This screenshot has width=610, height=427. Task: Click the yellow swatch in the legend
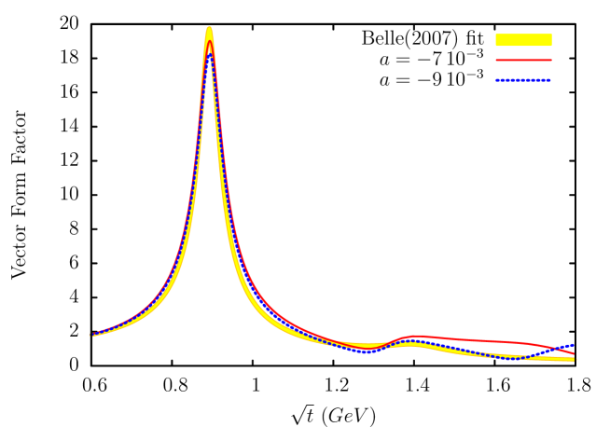click(523, 40)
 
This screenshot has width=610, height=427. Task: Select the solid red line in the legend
click(523, 60)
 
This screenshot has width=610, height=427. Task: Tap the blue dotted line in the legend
click(523, 80)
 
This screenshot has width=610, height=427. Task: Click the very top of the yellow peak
click(209, 28)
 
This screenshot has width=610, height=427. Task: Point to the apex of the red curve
click(210, 41)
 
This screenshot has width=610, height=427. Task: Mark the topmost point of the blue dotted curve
click(210, 53)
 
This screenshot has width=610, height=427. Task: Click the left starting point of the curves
click(90, 334)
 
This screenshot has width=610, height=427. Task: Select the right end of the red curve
click(574, 353)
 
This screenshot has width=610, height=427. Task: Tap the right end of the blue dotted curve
click(574, 344)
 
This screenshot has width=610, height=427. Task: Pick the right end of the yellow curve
click(575, 359)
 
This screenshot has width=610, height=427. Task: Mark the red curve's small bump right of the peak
click(415, 336)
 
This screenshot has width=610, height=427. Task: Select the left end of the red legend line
click(496, 60)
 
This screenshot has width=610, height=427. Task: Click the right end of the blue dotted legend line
click(551, 80)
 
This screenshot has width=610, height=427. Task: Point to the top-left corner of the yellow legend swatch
click(496, 34)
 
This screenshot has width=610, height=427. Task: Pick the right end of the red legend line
click(551, 60)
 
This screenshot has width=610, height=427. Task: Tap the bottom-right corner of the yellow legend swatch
click(551, 46)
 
